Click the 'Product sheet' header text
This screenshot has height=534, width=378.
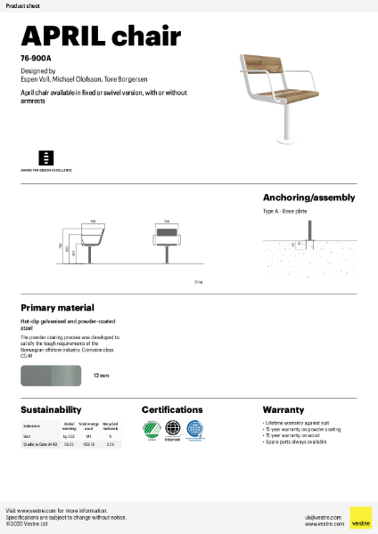coord(21,5)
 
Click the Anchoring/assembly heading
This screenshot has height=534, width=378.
coord(308,198)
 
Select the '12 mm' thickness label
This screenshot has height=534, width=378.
coord(101,376)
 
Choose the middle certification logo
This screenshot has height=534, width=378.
coord(172,430)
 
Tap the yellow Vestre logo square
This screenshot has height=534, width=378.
coord(360,517)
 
